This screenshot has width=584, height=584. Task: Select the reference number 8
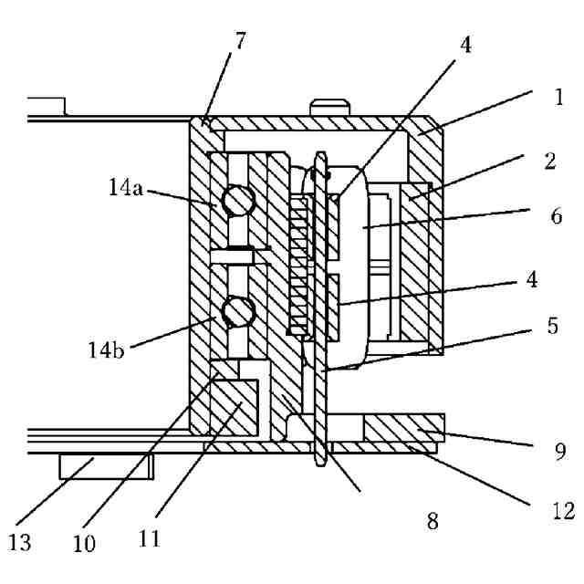(433, 521)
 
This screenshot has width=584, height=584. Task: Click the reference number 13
(21, 544)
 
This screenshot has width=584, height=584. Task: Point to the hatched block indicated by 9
(401, 426)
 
